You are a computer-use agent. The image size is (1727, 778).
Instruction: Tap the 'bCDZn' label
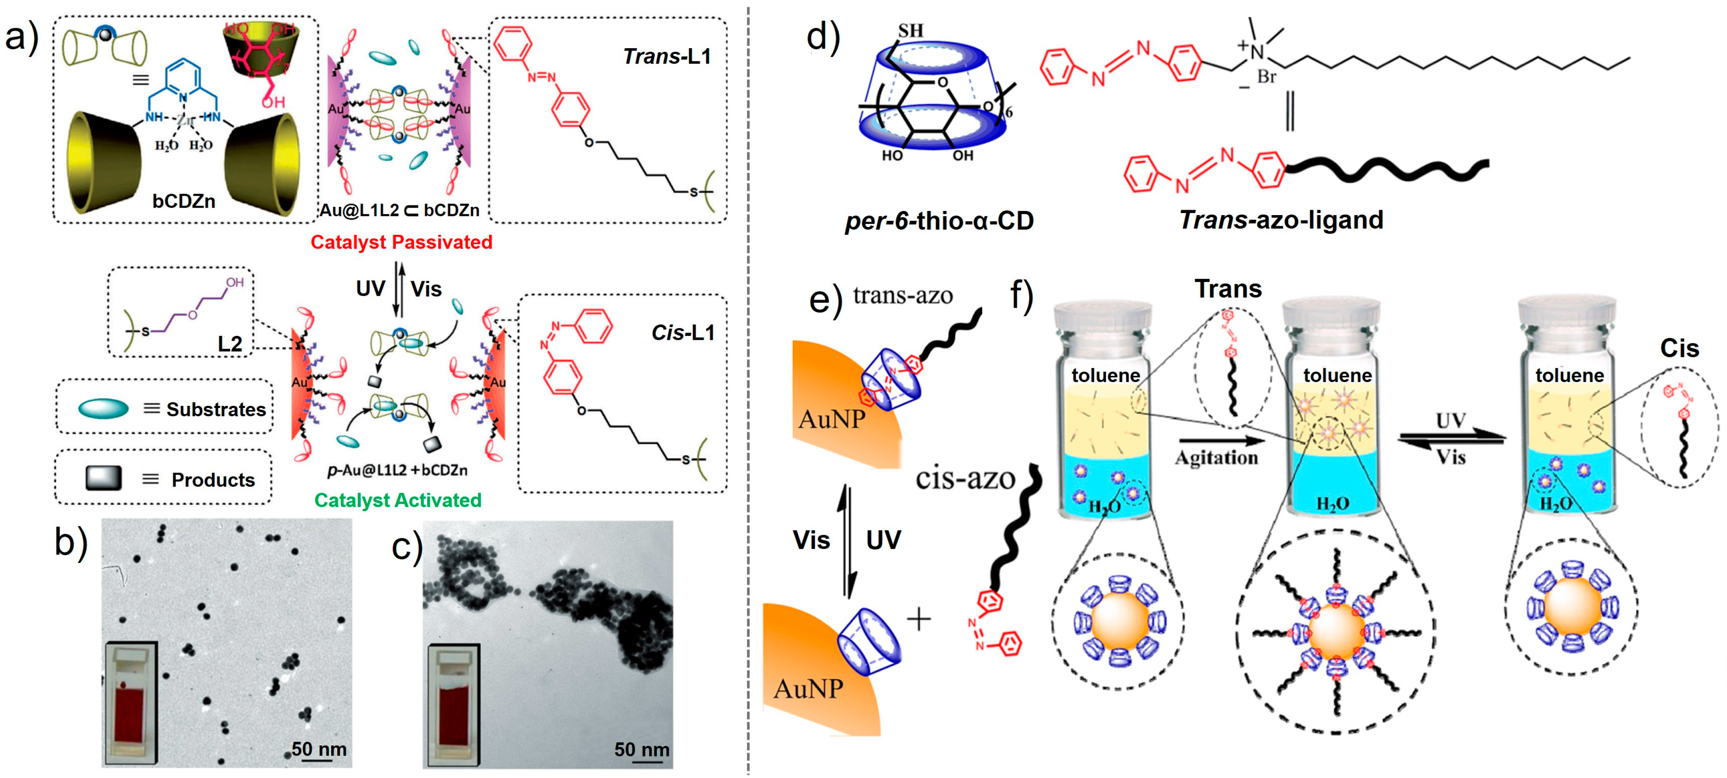(184, 201)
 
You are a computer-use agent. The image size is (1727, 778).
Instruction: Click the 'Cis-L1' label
(682, 333)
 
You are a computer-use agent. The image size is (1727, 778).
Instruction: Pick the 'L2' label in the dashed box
(229, 344)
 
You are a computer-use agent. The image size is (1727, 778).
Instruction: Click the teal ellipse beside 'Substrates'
(103, 409)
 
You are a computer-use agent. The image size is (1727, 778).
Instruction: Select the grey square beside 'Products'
(104, 478)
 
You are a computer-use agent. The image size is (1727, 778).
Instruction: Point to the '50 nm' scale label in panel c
(642, 749)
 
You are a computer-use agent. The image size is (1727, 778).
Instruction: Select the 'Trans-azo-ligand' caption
(1280, 220)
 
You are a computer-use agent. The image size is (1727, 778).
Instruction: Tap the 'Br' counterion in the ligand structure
(1266, 77)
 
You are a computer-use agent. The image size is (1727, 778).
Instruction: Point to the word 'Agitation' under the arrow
(1216, 458)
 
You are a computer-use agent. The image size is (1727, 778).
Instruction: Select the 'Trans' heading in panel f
(1228, 289)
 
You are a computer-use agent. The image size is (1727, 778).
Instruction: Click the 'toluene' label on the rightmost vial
(1569, 375)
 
